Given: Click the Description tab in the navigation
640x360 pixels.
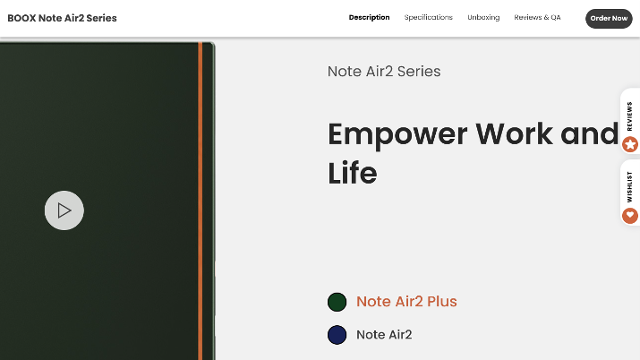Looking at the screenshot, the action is click(x=369, y=18).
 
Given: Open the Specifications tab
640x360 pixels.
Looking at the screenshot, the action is click(x=428, y=18).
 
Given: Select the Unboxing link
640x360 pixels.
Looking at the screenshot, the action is click(x=483, y=18).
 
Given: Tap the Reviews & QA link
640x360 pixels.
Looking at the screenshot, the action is click(x=537, y=18).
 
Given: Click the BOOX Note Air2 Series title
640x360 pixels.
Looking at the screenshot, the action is click(x=62, y=18).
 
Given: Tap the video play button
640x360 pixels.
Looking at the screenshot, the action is click(x=64, y=210).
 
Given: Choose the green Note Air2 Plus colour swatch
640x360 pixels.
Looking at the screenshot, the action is click(x=337, y=302).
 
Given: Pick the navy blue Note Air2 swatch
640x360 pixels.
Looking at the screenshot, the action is click(x=337, y=335).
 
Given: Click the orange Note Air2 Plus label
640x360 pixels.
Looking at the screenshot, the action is click(x=406, y=302).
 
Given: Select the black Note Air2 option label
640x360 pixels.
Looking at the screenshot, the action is click(x=384, y=335).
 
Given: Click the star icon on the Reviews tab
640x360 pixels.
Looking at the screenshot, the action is click(x=630, y=144).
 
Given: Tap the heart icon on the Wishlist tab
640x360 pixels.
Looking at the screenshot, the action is click(x=630, y=216).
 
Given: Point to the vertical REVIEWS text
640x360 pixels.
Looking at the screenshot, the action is click(x=629, y=116).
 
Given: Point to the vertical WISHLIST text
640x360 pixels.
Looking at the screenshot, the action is click(x=629, y=187).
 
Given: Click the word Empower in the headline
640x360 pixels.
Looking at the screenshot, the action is click(x=397, y=134).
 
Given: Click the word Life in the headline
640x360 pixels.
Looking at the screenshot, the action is click(x=353, y=173).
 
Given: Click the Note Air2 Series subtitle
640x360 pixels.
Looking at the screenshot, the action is click(x=384, y=72).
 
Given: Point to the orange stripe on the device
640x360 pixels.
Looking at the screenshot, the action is click(x=200, y=201).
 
